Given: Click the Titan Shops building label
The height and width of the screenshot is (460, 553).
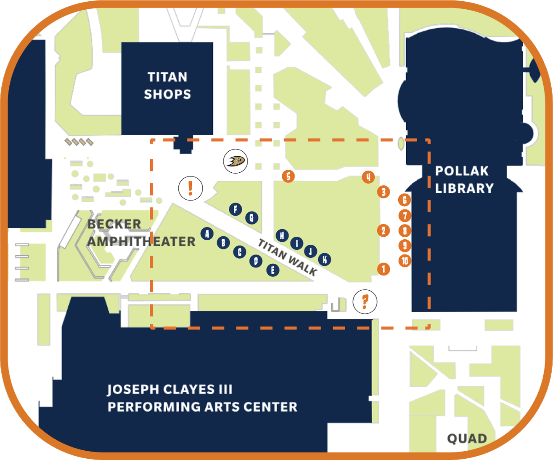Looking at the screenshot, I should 167,86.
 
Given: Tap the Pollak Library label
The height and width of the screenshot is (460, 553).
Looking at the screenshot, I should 464,179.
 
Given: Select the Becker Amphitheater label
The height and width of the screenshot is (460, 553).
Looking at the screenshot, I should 141,233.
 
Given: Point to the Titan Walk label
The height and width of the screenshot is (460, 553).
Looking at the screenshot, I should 287,257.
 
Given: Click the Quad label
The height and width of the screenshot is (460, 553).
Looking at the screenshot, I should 467,439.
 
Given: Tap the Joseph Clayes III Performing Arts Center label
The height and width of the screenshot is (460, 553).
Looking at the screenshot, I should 202,398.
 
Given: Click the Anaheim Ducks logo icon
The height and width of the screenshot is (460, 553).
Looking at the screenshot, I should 235,160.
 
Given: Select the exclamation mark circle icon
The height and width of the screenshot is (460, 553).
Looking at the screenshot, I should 191,187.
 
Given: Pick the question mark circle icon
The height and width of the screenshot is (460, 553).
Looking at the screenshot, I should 365,302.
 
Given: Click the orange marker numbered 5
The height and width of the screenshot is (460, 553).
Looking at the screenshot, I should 288,176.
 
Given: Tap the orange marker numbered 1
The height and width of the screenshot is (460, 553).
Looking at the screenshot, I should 383,268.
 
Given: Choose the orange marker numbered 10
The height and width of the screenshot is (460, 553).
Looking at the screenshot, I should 405,261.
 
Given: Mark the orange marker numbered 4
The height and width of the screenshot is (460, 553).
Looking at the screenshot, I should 368,177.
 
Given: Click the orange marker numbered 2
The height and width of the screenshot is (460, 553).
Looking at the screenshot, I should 383,230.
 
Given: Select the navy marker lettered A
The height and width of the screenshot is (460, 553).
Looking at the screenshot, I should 206,233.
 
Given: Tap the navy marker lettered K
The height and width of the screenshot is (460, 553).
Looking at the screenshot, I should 325,259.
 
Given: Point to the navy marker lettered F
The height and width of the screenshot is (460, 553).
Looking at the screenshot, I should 235,209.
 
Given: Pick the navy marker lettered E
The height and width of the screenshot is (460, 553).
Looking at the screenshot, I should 273,270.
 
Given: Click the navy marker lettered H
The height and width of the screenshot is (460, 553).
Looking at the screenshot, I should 282,235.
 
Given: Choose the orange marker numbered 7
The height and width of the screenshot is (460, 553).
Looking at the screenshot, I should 405,216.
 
